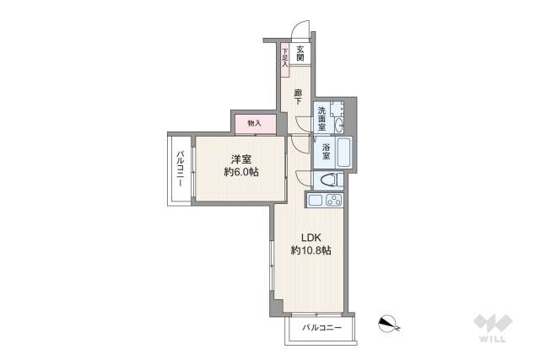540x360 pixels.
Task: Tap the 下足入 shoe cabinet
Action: click(285, 56)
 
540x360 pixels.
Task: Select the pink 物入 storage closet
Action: click(255, 123)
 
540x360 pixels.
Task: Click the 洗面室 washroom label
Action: click(324, 116)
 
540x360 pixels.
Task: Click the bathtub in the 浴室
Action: click(341, 153)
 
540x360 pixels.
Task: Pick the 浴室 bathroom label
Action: click(326, 153)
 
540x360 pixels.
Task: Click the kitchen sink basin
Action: click(315, 201)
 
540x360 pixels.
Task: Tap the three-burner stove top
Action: click(332, 201)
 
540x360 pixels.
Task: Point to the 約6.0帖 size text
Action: click(241, 172)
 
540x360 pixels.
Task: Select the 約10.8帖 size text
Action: click(310, 250)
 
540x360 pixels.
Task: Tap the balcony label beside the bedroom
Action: click(181, 169)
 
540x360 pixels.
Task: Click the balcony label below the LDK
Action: click(322, 326)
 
